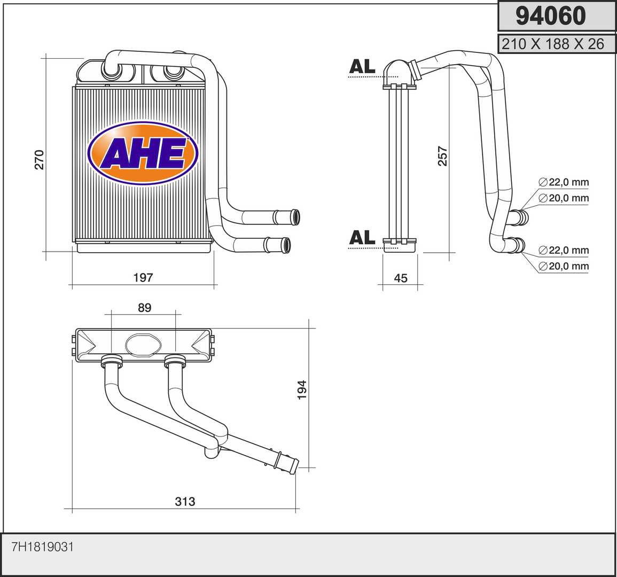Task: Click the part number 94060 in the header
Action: click(551, 15)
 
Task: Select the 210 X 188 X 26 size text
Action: click(553, 44)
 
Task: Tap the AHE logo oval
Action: click(143, 153)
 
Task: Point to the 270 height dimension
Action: click(40, 159)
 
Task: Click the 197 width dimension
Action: click(143, 277)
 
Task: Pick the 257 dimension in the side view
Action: click(443, 156)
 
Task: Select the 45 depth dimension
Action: click(401, 278)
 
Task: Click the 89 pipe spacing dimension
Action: click(144, 307)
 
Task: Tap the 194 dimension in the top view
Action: click(302, 389)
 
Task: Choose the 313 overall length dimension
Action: click(185, 502)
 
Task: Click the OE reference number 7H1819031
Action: click(43, 547)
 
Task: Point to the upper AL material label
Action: click(362, 67)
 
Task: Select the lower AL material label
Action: click(362, 238)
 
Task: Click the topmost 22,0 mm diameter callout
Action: click(564, 182)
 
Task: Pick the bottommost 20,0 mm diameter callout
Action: click(564, 266)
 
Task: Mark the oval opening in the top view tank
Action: click(143, 345)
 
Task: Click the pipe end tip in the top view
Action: click(295, 467)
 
